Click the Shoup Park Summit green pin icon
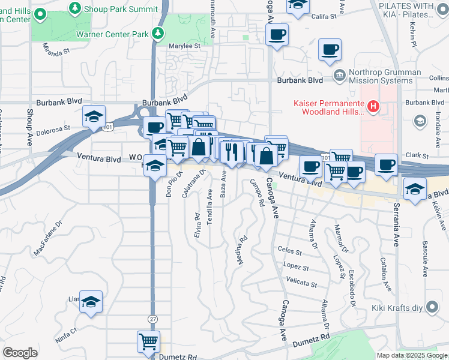click(75, 8)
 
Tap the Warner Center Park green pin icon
click(158, 34)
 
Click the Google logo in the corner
click(20, 353)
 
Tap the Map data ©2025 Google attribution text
click(412, 355)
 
